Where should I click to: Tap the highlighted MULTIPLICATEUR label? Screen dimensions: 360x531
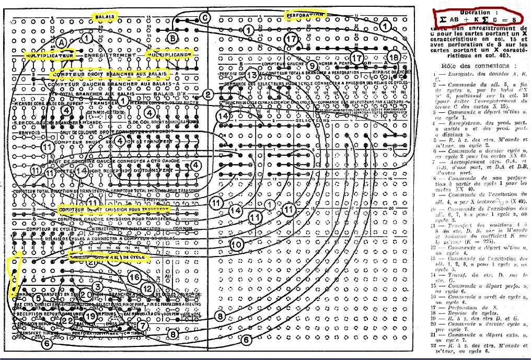(x=51, y=54)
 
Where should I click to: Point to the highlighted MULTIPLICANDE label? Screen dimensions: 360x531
(x=168, y=54)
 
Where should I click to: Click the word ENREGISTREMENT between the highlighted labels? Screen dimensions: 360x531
(x=110, y=54)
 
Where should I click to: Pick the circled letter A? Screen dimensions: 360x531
(x=61, y=41)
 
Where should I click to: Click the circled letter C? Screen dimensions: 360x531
(x=204, y=18)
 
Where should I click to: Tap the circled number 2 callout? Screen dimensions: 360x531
(x=207, y=95)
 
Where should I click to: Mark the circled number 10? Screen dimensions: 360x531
(x=236, y=244)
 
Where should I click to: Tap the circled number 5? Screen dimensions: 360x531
(x=39, y=298)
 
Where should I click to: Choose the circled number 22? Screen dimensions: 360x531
(x=67, y=320)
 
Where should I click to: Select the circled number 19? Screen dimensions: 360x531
(x=91, y=316)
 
